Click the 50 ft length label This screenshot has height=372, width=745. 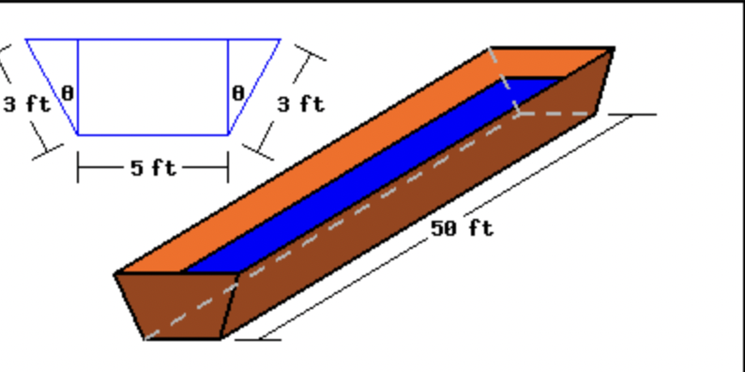coord(462,228)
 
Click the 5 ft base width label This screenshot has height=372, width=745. coord(152,168)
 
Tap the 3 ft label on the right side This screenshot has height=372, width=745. coord(300,103)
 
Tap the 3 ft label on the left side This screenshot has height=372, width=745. coord(26,103)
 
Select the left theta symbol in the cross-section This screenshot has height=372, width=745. coord(67,93)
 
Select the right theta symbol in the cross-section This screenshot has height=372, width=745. coord(237,93)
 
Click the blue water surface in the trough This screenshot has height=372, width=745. coord(375,169)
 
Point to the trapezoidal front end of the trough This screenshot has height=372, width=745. coord(178,305)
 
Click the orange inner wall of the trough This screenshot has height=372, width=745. coord(310,160)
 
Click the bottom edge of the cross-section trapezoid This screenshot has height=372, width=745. coord(152,134)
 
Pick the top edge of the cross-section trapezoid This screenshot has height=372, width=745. coord(152,39)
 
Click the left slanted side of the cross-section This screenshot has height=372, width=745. coord(51,86)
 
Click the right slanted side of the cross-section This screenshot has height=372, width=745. coord(255,86)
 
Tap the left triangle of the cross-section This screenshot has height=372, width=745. coord(62,66)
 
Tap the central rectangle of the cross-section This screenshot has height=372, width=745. coord(152,86)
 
